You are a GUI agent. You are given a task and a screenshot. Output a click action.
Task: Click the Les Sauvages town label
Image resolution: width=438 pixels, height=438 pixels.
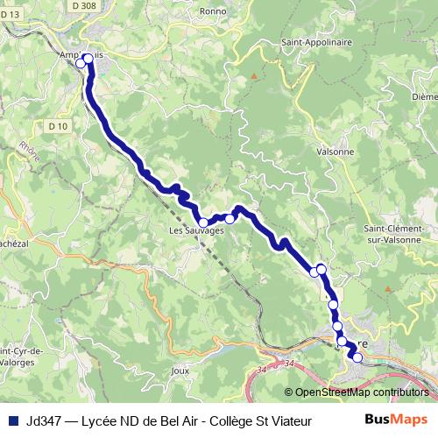point(196,230)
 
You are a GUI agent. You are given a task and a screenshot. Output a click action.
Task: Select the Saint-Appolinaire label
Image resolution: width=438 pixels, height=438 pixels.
point(316,41)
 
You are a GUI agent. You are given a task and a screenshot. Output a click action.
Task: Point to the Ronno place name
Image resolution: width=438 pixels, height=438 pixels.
point(213,11)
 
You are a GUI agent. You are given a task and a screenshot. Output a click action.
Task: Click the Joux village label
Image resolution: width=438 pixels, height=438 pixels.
point(180,371)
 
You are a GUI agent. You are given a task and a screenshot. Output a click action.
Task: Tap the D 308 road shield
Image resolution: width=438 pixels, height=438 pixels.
point(85,5)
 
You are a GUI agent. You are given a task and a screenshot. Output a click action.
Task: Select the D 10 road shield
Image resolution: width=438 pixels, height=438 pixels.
point(58,126)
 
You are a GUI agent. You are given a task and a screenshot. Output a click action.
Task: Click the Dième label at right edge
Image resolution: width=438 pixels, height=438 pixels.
point(424,96)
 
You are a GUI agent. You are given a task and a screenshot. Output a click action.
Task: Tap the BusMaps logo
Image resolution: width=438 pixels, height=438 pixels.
point(396,420)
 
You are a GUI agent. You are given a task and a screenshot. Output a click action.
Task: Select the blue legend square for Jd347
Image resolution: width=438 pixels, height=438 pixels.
point(12,421)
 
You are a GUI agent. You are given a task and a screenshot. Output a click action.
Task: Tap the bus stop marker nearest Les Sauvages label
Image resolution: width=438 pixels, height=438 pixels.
point(203,222)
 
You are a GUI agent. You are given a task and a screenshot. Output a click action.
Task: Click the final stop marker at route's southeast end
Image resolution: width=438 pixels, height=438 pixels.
point(357,357)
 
